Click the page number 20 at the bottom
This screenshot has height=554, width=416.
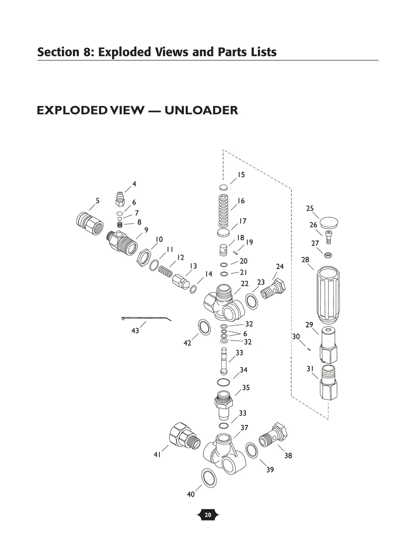208,515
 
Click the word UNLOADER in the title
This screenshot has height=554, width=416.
201,111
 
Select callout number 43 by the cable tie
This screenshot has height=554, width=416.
135,330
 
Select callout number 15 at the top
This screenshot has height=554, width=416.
241,175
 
